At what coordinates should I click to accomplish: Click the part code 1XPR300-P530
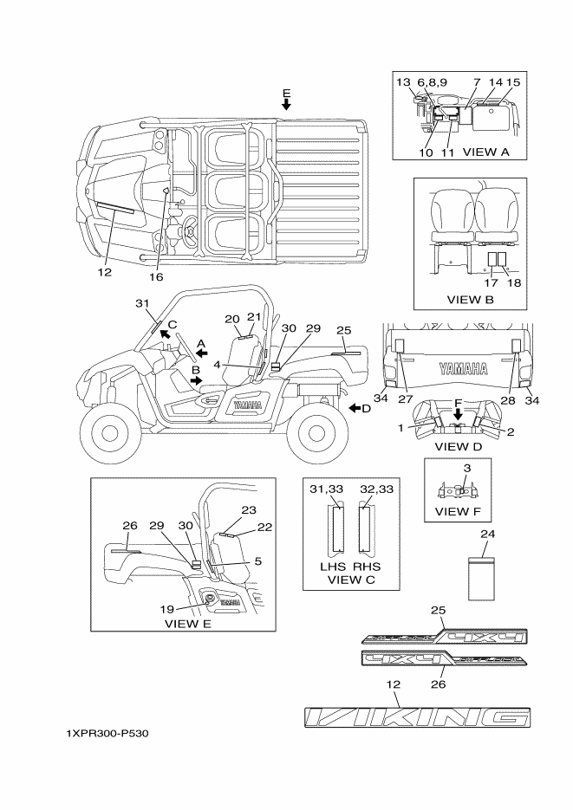tap(107, 735)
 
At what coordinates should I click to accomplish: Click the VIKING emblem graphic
tap(417, 716)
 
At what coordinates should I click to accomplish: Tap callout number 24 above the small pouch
tap(487, 534)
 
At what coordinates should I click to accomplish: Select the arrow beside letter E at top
tap(287, 105)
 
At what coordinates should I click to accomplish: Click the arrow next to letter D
tap(352, 407)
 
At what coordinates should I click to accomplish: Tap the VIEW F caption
tap(456, 511)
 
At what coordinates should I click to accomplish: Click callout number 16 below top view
tap(156, 277)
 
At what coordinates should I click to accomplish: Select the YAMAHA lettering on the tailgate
tap(460, 366)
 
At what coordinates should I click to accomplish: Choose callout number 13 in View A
tap(403, 81)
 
